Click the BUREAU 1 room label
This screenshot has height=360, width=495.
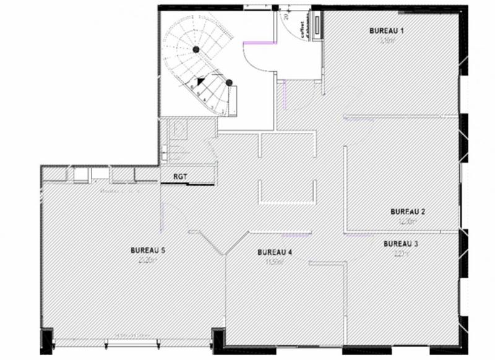(386, 30)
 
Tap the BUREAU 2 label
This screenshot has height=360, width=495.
(408, 212)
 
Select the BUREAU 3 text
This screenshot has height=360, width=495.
(400, 243)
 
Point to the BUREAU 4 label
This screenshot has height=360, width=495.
(275, 252)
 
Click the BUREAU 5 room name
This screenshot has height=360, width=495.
(147, 251)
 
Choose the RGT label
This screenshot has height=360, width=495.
(180, 176)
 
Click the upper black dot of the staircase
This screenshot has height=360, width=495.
(196, 49)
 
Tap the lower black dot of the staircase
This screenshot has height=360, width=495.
(228, 82)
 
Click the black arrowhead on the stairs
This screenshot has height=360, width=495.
(200, 80)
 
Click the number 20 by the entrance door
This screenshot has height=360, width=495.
(286, 17)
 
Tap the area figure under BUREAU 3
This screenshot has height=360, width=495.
(400, 252)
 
